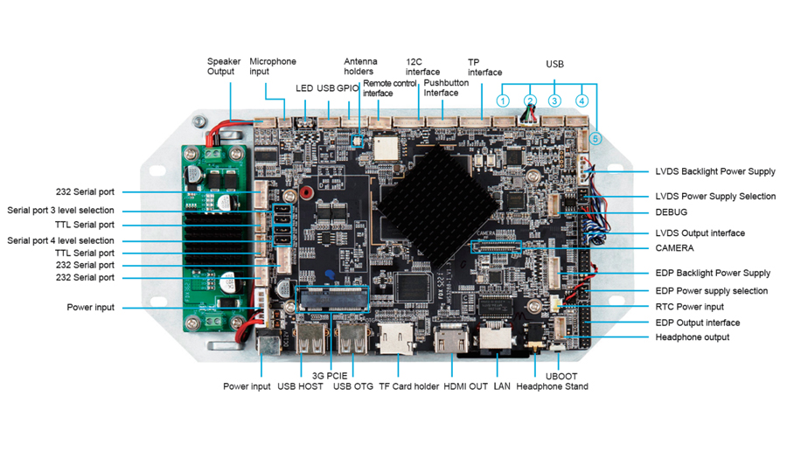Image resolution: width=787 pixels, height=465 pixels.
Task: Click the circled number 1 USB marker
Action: tap(503, 101)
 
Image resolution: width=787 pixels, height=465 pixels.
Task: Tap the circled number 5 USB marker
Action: tap(595, 138)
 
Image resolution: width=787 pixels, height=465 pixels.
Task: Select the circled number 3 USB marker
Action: tap(554, 101)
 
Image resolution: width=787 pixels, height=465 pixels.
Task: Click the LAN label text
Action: tap(502, 386)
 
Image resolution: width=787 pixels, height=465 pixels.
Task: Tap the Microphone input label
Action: tap(273, 66)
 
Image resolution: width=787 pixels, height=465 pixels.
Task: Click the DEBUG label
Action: tap(671, 212)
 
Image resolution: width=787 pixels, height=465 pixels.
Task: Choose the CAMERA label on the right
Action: tap(674, 248)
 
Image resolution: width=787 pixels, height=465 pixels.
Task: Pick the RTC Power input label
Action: tap(689, 307)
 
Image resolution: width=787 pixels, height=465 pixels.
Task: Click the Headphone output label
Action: tap(692, 337)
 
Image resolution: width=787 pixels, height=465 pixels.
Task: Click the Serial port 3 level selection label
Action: tap(60, 211)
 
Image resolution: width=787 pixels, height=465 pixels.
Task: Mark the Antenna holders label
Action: tap(359, 66)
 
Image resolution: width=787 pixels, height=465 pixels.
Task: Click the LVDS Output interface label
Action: tap(700, 233)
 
